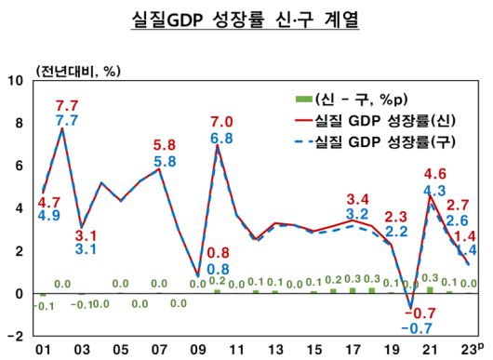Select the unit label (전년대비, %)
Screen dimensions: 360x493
coord(79,71)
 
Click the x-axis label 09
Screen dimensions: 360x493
coord(197,349)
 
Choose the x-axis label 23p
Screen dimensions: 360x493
coord(469,348)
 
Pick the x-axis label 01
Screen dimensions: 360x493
coord(42,349)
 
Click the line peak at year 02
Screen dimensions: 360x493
coord(62,128)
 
